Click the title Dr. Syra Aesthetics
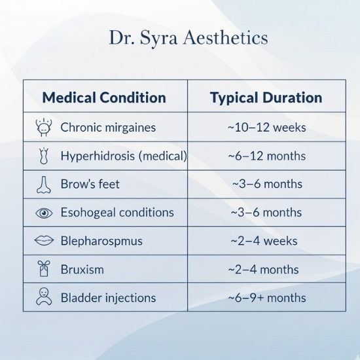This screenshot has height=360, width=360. point(188,38)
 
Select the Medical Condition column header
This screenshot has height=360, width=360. point(103,98)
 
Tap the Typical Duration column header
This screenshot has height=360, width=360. point(266,98)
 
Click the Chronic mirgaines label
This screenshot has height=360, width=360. point(108,128)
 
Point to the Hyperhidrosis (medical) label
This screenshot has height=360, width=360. point(123,156)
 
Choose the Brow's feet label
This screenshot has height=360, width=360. point(90,185)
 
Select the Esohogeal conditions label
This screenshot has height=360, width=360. point(117,213)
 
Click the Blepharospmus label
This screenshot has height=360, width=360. point(101,241)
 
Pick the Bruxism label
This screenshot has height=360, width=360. point(82,269)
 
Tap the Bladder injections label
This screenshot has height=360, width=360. point(108,298)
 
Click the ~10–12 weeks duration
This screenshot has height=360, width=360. point(266,128)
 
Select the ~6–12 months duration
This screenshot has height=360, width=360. point(266,156)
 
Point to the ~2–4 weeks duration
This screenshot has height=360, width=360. point(264,241)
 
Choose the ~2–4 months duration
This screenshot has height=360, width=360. point(263,269)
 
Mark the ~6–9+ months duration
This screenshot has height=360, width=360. point(266,298)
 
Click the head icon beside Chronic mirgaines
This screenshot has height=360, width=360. point(43,127)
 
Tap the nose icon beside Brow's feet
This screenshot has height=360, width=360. point(43,185)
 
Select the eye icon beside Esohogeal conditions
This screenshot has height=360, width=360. point(43,213)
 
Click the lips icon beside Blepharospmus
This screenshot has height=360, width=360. point(43,241)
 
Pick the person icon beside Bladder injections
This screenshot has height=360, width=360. point(43,297)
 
